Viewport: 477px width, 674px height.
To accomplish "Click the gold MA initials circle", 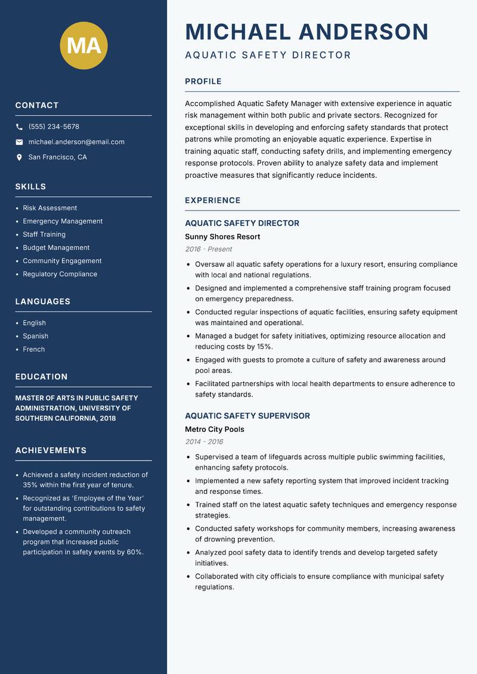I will [83, 45].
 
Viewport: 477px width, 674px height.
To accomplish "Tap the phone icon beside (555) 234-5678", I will [20, 127].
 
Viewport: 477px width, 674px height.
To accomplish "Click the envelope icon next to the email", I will [20, 142].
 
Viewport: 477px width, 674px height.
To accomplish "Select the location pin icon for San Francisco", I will [20, 157].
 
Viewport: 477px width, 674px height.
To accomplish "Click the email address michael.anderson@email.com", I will [76, 142].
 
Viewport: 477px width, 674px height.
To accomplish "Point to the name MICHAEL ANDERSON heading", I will [306, 32].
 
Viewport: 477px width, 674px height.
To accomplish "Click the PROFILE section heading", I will [203, 82].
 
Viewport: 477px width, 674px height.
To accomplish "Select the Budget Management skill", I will [56, 248].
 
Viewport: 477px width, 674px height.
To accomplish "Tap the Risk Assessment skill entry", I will [50, 208].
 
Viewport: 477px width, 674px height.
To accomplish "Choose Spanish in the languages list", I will [36, 336].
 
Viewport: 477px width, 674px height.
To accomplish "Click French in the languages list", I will [34, 350].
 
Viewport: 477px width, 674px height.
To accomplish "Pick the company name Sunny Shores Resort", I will [222, 237].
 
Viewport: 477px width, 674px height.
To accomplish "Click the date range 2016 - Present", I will [208, 249].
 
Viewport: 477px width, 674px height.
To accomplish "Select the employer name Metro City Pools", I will [215, 429].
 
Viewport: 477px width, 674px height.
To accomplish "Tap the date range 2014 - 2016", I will [204, 442].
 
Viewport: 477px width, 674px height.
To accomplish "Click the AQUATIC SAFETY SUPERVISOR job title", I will [247, 416].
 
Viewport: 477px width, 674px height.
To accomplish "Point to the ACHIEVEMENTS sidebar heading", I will [51, 450].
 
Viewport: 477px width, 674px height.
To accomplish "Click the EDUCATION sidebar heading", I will [42, 377].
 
